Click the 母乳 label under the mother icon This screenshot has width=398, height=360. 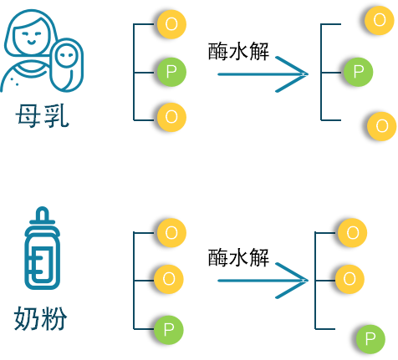click(42, 116)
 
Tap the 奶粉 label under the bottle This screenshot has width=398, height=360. click(41, 318)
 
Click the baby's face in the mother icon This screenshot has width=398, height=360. click(67, 55)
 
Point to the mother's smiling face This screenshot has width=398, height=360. click(31, 36)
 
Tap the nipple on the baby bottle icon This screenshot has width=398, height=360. click(43, 214)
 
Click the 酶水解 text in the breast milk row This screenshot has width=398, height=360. click(238, 51)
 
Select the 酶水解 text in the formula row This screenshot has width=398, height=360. click(238, 257)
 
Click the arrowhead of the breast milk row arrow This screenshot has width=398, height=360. click(292, 74)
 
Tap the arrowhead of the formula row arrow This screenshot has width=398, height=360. click(292, 281)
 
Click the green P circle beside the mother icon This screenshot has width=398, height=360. click(171, 72)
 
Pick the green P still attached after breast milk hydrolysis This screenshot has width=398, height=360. click(358, 72)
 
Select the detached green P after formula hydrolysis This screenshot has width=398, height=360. click(370, 339)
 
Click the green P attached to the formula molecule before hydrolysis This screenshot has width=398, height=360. click(169, 330)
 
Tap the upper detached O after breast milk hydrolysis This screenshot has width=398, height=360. click(380, 20)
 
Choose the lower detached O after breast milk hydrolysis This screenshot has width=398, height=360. click(381, 126)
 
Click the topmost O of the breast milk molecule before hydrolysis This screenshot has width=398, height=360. click(171, 24)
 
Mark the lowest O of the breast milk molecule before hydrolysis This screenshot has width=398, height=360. click(171, 117)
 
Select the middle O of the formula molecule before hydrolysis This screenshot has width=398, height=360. click(169, 279)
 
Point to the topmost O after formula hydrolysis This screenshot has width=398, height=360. click(352, 233)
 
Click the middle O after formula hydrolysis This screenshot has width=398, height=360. click(350, 279)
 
